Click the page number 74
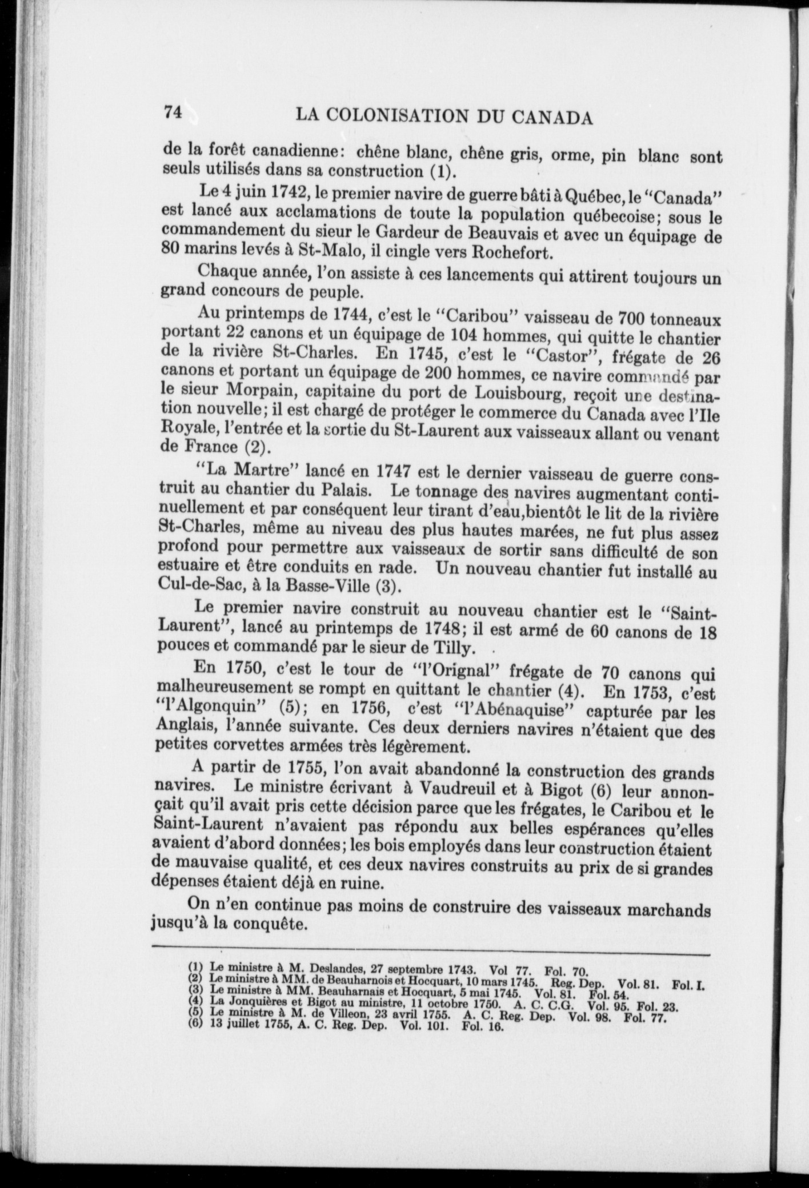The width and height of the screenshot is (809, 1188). pyautogui.click(x=173, y=112)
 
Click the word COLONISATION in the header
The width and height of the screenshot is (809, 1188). pyautogui.click(x=404, y=117)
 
